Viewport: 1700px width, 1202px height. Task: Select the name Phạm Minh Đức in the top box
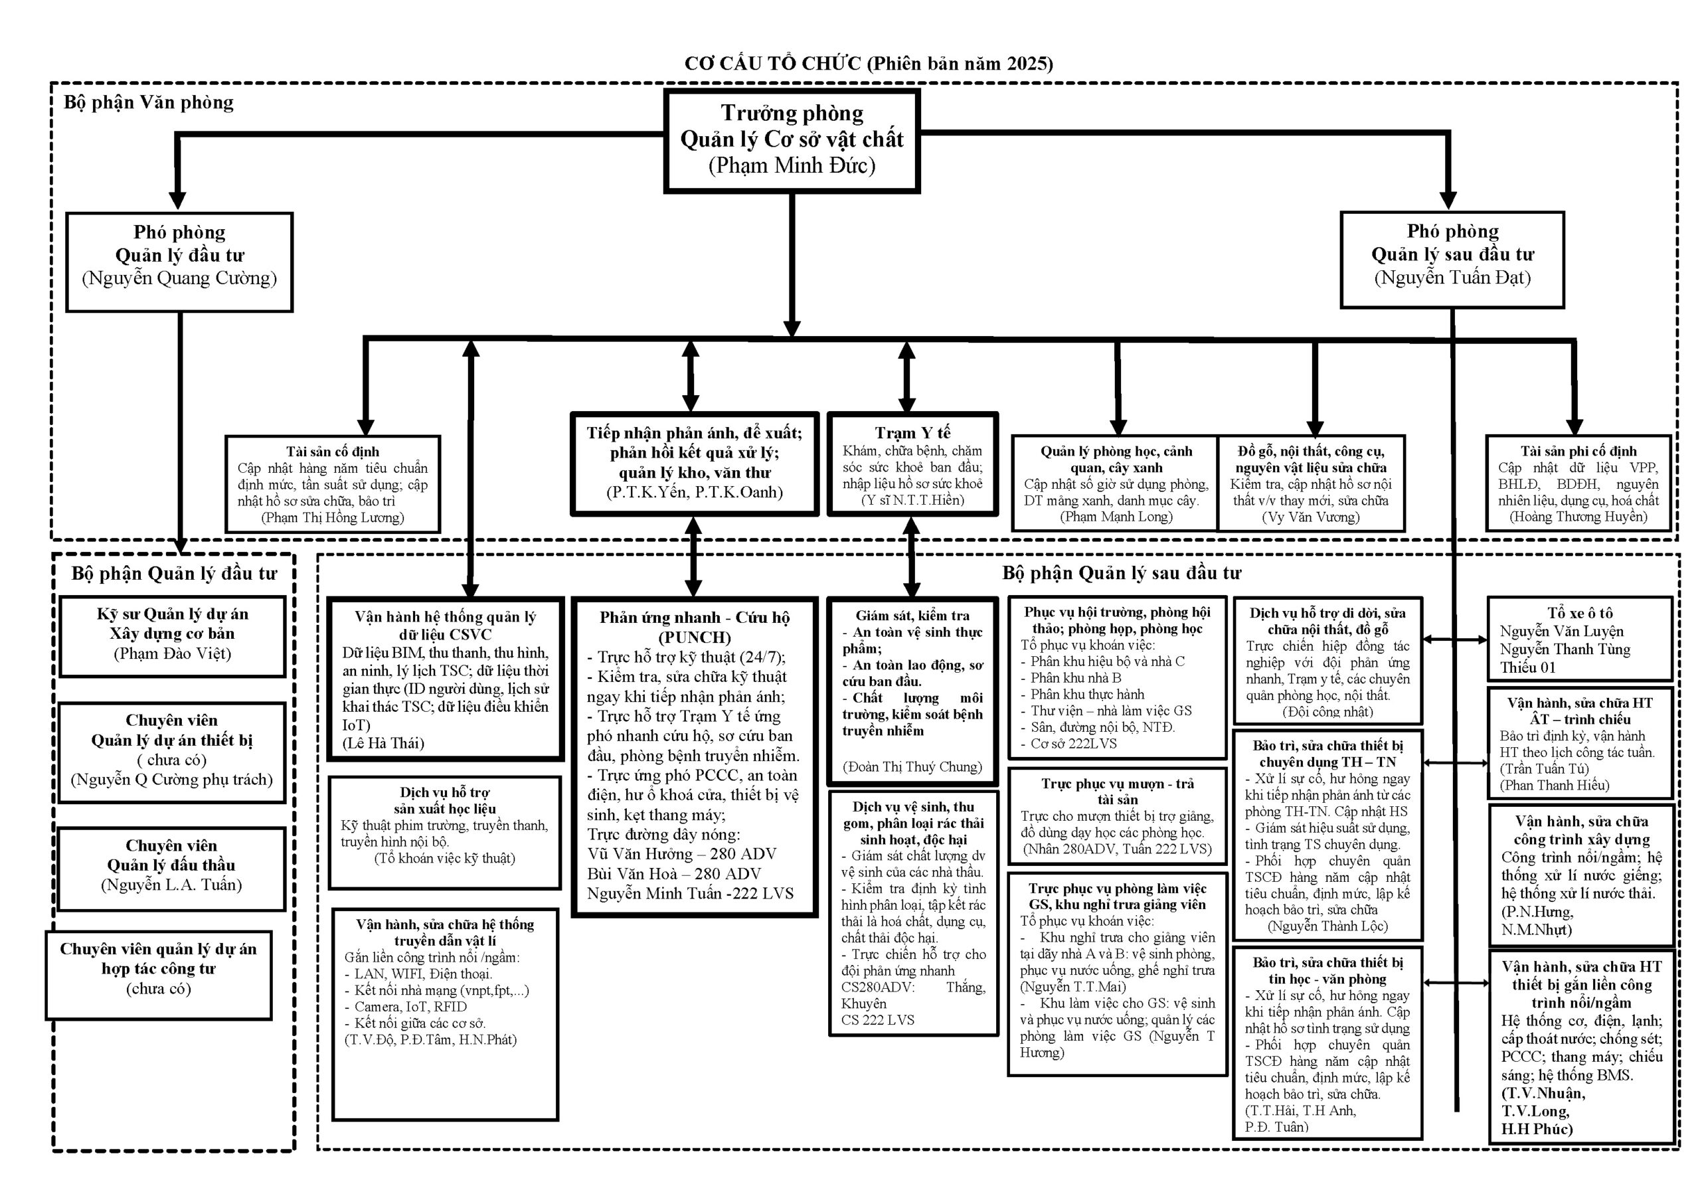[792, 165]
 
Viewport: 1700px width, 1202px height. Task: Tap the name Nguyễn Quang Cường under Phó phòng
[179, 278]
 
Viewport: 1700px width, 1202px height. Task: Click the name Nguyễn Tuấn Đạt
[1452, 278]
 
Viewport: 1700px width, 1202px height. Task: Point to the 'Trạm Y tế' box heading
[912, 432]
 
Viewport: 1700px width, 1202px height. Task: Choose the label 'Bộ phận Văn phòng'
[149, 102]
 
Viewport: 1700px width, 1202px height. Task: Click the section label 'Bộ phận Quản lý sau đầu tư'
[1121, 572]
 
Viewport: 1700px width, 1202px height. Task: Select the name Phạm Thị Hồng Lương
[333, 518]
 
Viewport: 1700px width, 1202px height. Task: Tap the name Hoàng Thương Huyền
[1578, 517]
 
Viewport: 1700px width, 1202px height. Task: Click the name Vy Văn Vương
[1311, 517]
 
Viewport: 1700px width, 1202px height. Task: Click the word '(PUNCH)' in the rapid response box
[695, 637]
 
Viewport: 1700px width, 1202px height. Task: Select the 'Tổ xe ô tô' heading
[1579, 613]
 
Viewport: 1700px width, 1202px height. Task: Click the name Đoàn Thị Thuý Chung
[912, 766]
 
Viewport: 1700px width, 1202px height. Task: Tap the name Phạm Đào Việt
[173, 653]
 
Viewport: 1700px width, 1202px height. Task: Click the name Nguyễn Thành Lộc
[1327, 926]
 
